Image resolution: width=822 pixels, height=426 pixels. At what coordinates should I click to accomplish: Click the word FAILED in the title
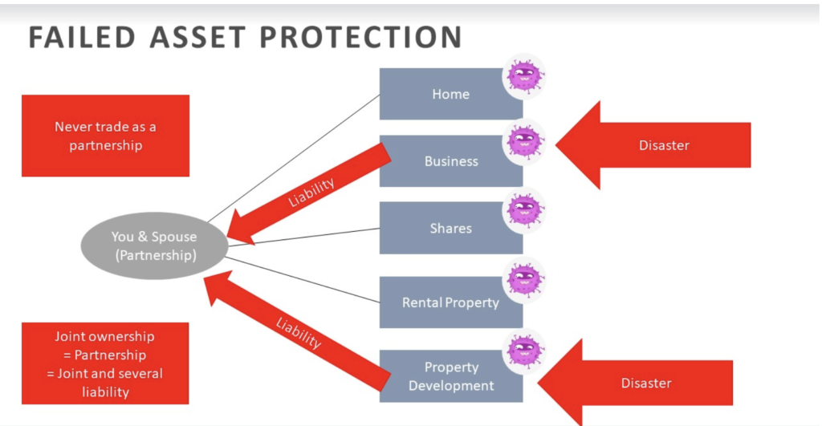83,37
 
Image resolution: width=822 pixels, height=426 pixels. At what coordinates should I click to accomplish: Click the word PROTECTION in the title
360,37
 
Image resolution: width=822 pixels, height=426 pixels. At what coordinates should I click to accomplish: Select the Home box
451,94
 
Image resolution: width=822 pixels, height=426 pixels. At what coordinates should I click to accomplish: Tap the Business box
451,161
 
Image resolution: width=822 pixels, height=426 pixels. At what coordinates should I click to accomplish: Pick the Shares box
451,228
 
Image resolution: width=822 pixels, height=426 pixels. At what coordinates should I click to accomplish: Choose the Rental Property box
451,302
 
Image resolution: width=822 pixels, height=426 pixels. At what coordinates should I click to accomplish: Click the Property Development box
451,376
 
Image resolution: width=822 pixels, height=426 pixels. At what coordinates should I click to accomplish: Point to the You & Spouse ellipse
154,245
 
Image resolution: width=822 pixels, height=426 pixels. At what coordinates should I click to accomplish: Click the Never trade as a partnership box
105,136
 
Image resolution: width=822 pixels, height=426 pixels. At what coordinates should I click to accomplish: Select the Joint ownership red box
105,363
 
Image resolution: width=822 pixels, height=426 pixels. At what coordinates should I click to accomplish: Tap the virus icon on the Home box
523,76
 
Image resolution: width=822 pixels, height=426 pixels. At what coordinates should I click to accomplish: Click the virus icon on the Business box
523,141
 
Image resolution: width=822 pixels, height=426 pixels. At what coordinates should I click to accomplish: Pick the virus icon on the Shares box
523,209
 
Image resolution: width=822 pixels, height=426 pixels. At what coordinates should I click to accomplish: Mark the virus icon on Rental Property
523,279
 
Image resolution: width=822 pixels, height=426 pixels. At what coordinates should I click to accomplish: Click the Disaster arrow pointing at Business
653,145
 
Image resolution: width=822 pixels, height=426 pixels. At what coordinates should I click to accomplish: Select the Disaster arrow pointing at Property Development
636,383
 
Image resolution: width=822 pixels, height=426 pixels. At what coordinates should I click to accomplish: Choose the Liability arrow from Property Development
297,331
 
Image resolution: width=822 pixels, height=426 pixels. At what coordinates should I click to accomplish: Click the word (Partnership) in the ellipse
156,255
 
